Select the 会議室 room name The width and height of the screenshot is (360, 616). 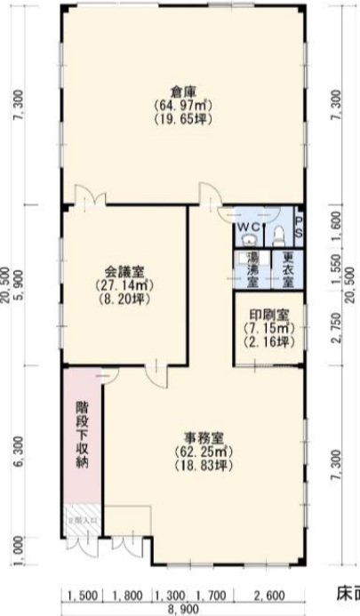pos(124,272)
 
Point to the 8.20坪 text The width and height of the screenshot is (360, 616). pos(124,300)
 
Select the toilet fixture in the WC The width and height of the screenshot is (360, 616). pos(278,233)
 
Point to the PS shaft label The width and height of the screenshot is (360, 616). pos(299,226)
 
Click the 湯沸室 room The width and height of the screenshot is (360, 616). pos(252,268)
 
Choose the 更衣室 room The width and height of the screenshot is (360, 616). pos(287,268)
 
